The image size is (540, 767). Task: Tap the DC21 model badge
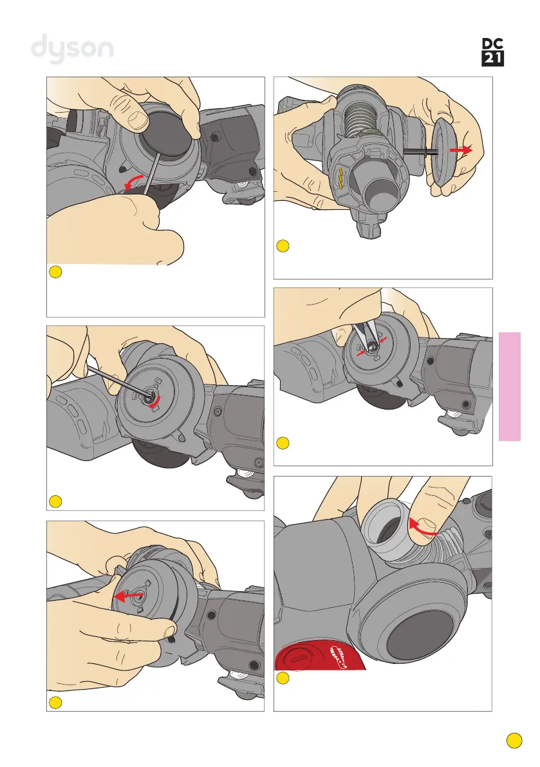(492, 52)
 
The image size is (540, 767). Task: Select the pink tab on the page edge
(510, 386)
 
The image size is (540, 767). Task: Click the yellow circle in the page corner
(514, 741)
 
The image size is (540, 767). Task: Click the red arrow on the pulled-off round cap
(461, 149)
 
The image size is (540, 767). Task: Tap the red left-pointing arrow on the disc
(129, 596)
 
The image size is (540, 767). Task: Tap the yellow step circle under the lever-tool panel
(56, 272)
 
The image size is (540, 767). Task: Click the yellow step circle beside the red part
(283, 678)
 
